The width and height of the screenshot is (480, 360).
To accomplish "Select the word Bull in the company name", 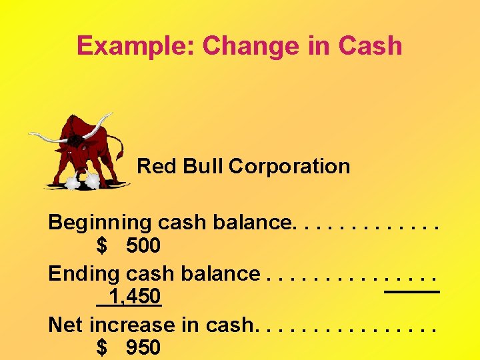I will (199, 166).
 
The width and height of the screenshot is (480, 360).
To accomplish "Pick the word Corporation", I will (289, 166).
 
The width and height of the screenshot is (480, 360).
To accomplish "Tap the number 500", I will (143, 246).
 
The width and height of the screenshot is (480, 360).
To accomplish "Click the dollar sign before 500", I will (101, 246).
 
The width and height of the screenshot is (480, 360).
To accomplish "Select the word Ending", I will (76, 273).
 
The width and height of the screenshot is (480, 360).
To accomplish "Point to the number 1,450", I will (134, 297).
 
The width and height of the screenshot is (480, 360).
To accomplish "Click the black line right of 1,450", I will (412, 292).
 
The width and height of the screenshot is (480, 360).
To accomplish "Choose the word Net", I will (66, 325).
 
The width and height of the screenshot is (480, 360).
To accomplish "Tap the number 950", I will (143, 347).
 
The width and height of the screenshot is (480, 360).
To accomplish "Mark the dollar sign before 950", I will (101, 347).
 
